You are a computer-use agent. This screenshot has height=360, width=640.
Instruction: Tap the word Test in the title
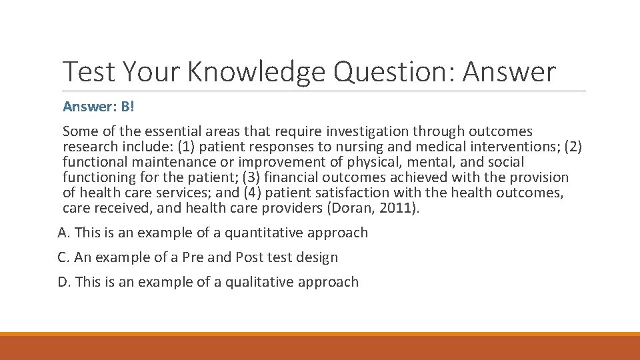tap(85, 72)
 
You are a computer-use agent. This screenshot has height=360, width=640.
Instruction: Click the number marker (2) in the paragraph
tap(573, 147)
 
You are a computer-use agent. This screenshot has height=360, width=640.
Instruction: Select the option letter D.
tap(63, 282)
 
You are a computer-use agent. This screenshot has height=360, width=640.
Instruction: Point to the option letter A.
tap(63, 233)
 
